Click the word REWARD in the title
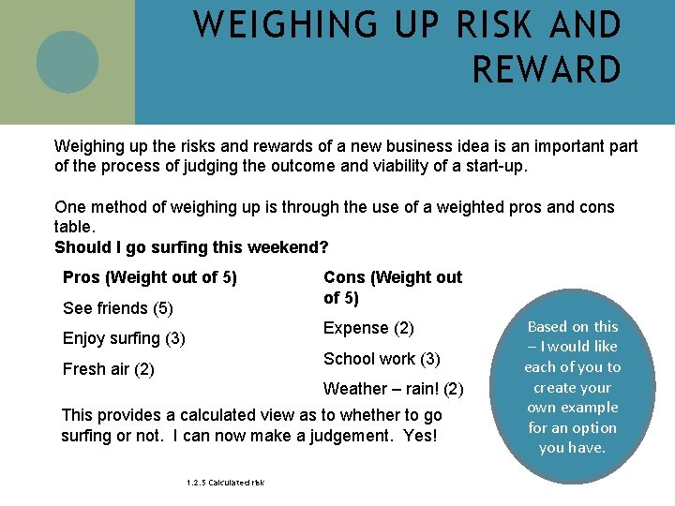tap(547, 70)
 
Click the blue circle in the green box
tap(67, 62)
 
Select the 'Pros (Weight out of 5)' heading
tap(149, 277)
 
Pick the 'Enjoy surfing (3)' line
tap(124, 338)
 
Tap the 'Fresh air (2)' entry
tap(108, 369)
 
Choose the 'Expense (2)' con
tap(368, 328)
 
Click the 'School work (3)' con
tap(382, 359)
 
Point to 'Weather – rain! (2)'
tap(393, 389)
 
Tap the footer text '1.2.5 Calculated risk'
tap(225, 483)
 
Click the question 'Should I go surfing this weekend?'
tap(191, 247)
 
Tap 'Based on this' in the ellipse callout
tap(573, 327)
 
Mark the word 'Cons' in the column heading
tap(344, 277)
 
